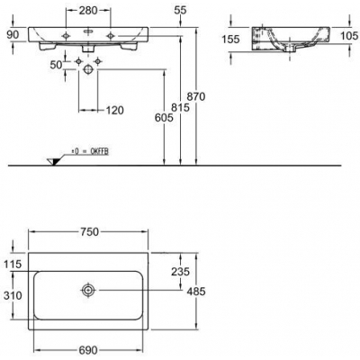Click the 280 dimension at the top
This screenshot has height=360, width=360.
(88, 11)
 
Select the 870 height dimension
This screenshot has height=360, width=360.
(196, 96)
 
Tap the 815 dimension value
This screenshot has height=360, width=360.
(181, 107)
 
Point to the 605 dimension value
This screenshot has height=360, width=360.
(164, 118)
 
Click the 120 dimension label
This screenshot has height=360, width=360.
(114, 111)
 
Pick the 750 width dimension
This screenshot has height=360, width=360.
(89, 231)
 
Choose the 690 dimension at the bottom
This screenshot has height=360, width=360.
(89, 350)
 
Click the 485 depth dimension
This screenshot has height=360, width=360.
(196, 291)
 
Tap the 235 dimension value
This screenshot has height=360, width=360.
(180, 272)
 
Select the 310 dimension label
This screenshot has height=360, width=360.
(13, 295)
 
